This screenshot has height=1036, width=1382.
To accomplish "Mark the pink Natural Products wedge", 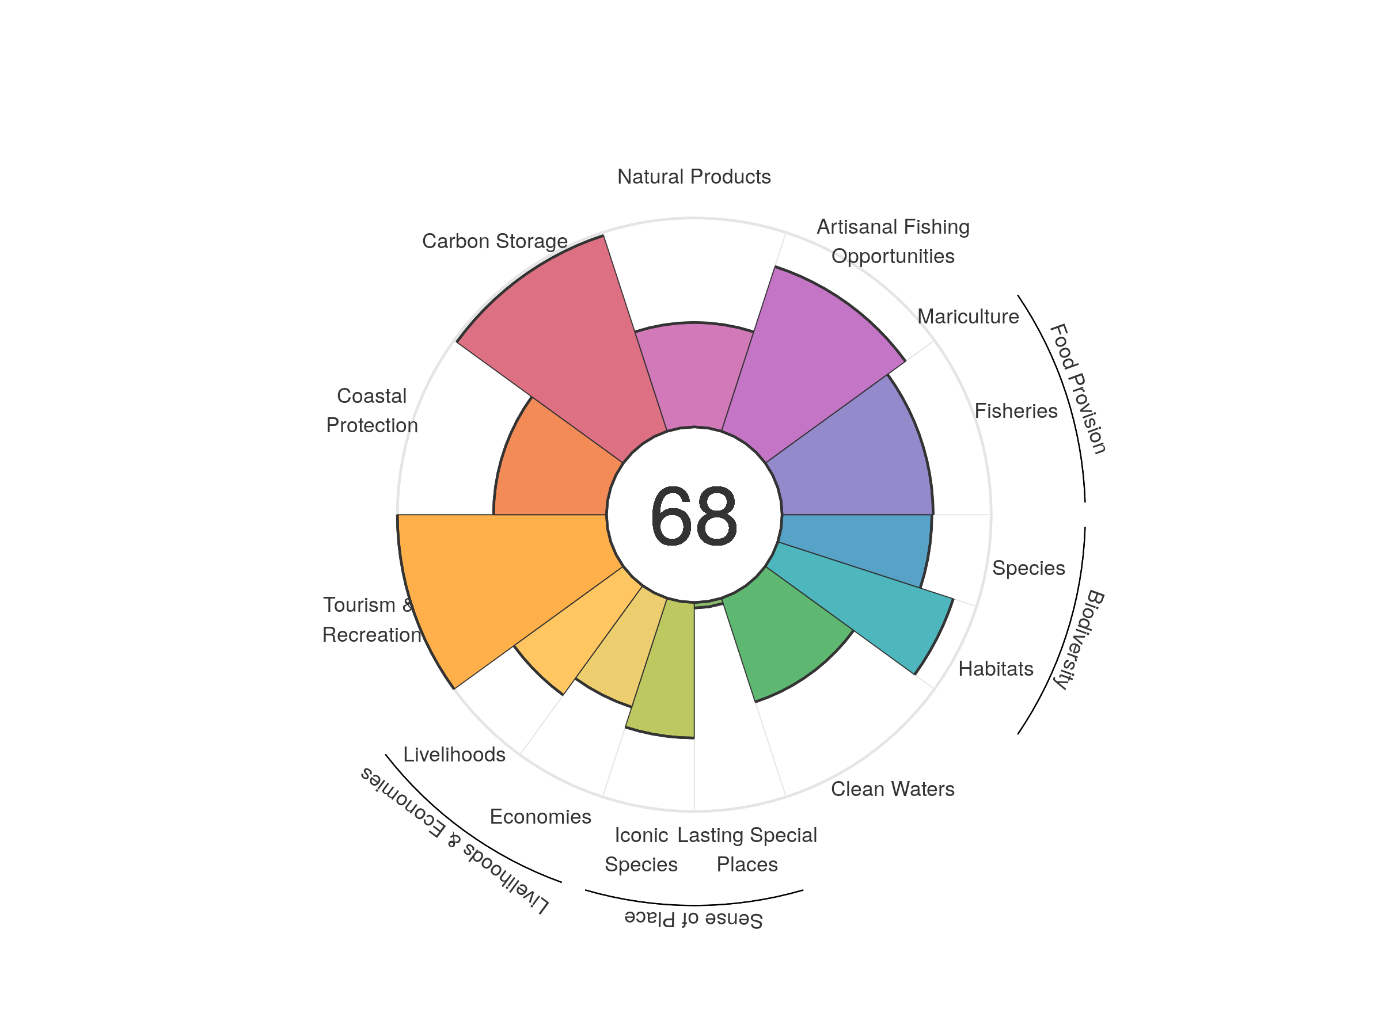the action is pos(693,375).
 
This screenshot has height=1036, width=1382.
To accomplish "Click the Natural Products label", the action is pos(693,177).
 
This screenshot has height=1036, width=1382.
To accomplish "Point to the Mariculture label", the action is pos(968,317).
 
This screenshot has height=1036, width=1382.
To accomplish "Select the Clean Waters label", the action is pos(892,789).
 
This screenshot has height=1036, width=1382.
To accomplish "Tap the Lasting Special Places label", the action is pos(747,850).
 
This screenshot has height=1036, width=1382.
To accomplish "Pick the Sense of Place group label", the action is pos(693,919).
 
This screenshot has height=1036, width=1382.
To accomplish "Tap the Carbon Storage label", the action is pos(495,241).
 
